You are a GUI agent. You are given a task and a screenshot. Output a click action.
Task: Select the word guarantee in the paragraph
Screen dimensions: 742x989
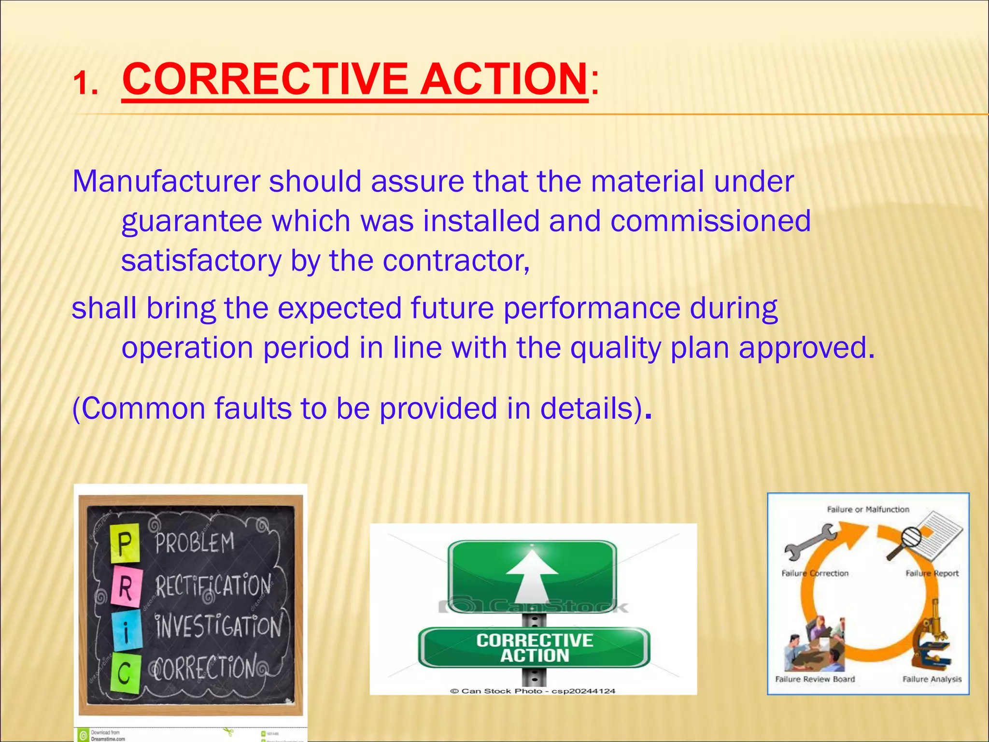pos(192,221)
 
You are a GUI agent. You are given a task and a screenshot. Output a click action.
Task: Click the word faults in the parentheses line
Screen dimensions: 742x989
pos(253,408)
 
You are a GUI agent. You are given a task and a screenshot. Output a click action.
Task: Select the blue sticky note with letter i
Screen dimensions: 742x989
pos(126,630)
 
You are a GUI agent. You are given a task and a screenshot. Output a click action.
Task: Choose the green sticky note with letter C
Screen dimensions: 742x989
pos(125,673)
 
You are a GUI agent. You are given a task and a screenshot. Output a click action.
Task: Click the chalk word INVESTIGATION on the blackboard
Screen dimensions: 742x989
pos(218,627)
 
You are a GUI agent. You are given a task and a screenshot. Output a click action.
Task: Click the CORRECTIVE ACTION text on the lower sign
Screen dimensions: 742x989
pos(534,648)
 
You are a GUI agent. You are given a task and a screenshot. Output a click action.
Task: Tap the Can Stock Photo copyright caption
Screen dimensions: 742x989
pos(533,691)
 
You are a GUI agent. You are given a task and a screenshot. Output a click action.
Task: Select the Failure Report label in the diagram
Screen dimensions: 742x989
pos(932,573)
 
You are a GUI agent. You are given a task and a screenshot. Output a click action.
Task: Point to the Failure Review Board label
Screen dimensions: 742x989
pos(815,679)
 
